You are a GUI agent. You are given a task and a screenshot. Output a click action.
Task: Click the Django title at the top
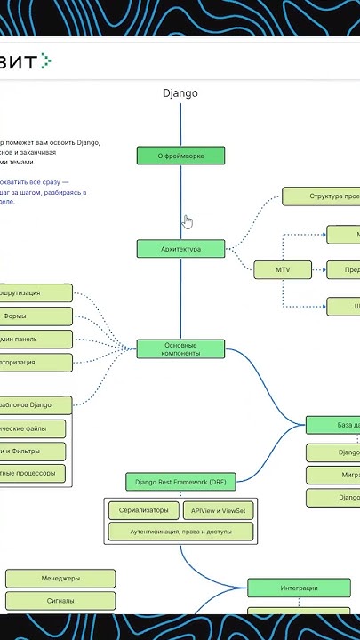pos(180,92)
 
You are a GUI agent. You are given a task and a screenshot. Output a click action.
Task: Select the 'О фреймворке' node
pos(180,156)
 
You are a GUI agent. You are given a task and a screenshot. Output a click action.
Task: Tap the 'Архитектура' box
pos(180,249)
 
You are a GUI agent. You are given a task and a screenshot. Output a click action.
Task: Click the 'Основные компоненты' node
pos(180,348)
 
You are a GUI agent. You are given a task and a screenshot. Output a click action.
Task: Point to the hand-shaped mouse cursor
pos(188,221)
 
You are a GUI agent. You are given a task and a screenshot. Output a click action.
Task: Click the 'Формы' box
pos(36,316)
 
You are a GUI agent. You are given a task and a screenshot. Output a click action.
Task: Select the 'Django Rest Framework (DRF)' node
pos(180,482)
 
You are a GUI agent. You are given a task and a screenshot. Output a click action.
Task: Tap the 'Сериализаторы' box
pos(143,510)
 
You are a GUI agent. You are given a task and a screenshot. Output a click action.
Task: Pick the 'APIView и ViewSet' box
pos(218,510)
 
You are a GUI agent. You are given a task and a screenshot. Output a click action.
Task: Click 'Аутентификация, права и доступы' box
pos(180,532)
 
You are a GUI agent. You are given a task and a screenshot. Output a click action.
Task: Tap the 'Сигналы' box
pos(60,601)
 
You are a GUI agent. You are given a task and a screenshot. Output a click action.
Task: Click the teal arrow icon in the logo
pos(47,60)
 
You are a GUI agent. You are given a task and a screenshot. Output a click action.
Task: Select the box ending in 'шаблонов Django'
pos(36,405)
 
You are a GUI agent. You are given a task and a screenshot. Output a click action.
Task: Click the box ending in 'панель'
pos(36,339)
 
